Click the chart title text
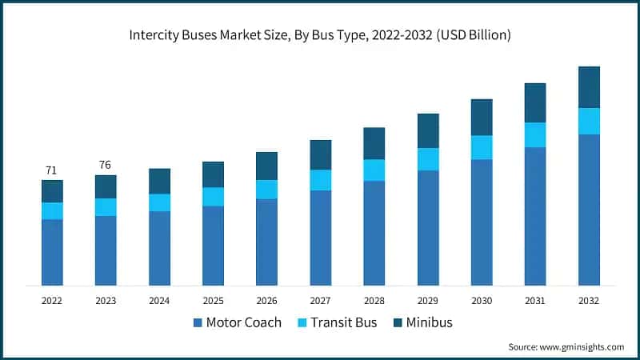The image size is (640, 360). click(320, 35)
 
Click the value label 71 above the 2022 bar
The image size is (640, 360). click(52, 170)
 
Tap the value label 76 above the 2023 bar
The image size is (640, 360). click(105, 165)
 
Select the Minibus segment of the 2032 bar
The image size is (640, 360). click(589, 87)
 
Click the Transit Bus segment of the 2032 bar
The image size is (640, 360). click(589, 121)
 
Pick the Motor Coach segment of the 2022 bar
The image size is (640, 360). click(52, 252)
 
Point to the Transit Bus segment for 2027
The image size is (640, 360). click(320, 180)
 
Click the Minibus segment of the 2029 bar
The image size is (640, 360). click(428, 130)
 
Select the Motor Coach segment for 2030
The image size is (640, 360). click(482, 222)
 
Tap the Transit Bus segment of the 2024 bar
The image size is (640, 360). click(159, 202)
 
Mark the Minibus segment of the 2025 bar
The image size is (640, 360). click(213, 174)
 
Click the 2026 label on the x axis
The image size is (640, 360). click(266, 300)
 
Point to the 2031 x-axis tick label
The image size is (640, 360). click(535, 300)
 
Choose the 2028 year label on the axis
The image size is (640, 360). click(374, 300)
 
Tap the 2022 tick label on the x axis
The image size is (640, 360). click(52, 300)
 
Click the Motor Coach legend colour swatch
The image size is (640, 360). click(198, 323)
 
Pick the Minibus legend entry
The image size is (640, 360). click(423, 323)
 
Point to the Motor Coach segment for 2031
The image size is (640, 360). click(535, 216)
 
